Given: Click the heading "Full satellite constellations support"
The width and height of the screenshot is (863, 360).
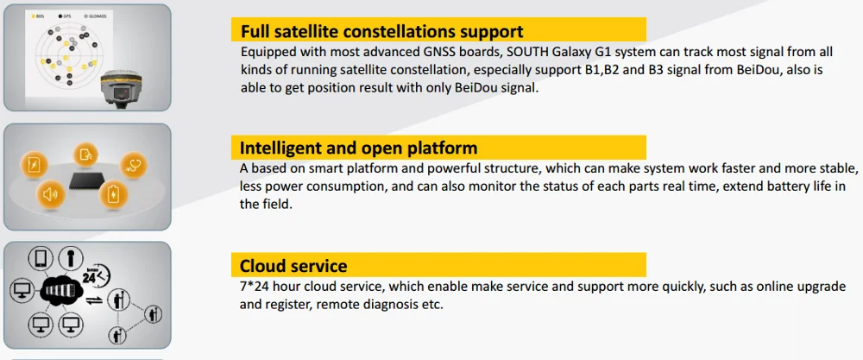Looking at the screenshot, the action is [x=382, y=31].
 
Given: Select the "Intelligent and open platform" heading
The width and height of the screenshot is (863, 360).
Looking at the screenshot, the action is [x=358, y=148].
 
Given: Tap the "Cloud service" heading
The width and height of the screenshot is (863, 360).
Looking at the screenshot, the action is [x=293, y=267].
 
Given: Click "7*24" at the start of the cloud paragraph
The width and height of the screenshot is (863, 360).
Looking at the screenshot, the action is [x=255, y=287].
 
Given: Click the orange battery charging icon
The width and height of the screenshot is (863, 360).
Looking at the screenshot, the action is [x=113, y=194].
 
